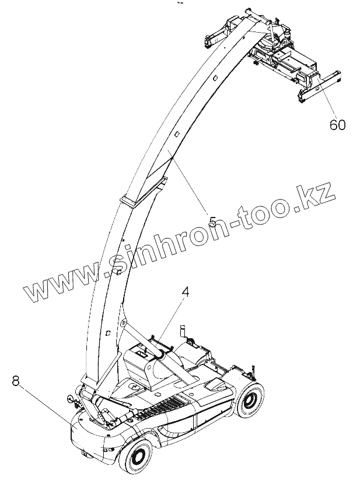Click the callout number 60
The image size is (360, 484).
(337, 124)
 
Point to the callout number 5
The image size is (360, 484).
(213, 222)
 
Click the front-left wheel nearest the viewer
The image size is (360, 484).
(139, 456)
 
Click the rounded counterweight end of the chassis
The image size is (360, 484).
(88, 432)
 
